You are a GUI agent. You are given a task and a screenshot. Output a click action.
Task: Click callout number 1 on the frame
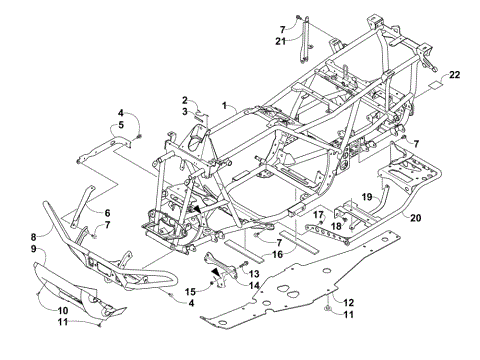(226, 104)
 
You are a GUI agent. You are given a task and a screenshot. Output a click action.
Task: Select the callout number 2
(185, 99)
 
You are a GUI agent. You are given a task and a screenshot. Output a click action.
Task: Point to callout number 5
(120, 126)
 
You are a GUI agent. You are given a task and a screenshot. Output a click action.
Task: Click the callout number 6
(106, 212)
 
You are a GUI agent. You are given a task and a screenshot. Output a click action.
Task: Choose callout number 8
(33, 237)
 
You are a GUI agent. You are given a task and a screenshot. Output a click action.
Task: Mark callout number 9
(33, 248)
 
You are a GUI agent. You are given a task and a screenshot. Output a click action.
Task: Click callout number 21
(281, 40)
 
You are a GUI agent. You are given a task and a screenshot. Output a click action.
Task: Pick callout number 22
(455, 76)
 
